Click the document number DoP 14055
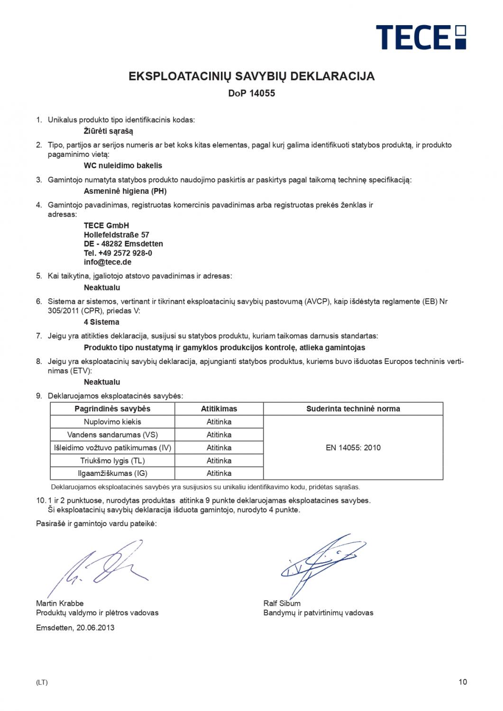point(251,93)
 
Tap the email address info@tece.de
point(108,262)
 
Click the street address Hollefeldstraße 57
point(117,235)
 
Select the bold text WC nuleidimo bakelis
point(123,166)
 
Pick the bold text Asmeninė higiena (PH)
point(125,191)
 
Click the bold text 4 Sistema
point(101,322)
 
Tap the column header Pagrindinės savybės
point(112,409)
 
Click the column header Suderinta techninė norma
point(353,409)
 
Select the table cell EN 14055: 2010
point(353,447)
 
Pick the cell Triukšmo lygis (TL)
point(112,460)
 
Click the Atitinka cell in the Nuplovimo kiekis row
point(219,422)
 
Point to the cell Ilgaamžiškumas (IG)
point(112,473)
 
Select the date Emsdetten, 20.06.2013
point(75,628)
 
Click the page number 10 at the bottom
point(463,682)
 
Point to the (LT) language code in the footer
point(42,683)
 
